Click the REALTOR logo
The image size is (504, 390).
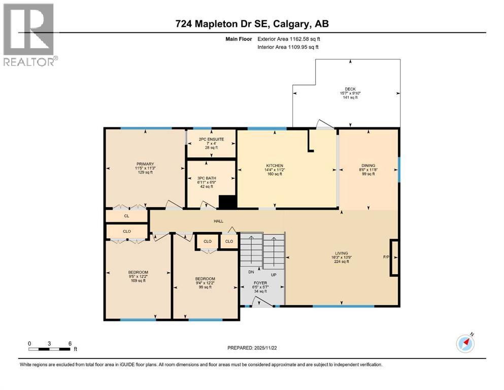(29, 35)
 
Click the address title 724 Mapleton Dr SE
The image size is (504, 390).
(252, 24)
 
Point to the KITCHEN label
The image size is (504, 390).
(275, 166)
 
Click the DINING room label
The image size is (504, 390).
(368, 166)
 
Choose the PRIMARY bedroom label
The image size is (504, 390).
(144, 164)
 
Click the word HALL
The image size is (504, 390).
(218, 221)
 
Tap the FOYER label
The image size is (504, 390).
(260, 283)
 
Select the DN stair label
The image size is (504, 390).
(251, 272)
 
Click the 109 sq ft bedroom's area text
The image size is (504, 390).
(138, 281)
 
